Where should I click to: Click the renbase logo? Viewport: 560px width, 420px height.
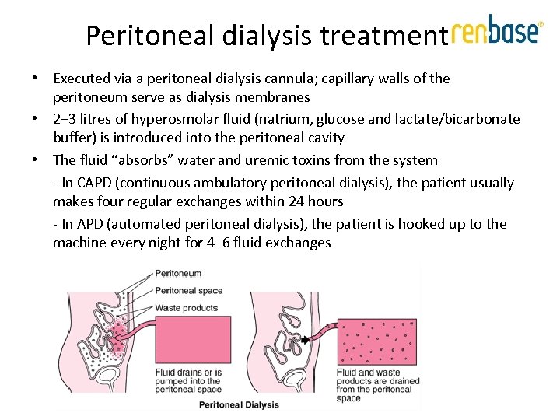coord(495,31)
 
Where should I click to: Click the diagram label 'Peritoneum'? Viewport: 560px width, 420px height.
coord(178,274)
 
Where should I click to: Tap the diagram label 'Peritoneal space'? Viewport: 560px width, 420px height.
coord(188,291)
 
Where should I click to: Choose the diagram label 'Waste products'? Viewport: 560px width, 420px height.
coord(187,308)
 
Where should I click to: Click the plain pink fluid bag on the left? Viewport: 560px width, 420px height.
coord(186,338)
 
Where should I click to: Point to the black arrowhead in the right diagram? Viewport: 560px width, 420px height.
coord(306,340)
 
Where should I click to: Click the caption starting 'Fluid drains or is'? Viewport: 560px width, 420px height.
coord(188,380)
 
